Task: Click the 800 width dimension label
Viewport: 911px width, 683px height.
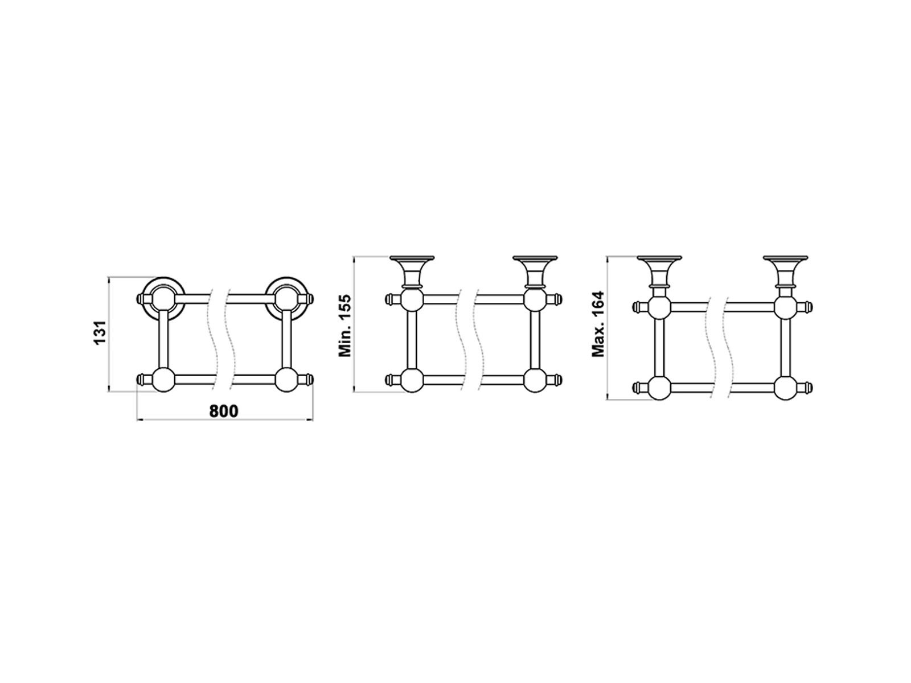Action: pyautogui.click(x=224, y=411)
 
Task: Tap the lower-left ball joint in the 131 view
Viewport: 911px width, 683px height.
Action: pyautogui.click(x=163, y=380)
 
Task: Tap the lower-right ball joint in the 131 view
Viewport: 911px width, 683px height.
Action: pyautogui.click(x=287, y=380)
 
